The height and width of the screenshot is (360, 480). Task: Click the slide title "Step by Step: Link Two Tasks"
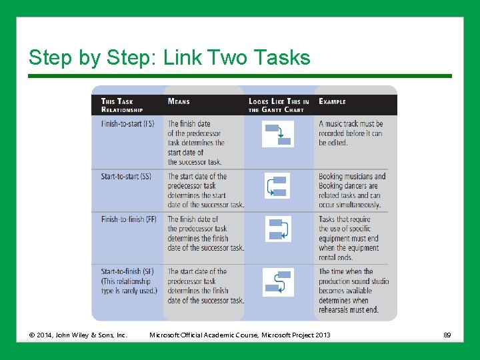click(x=169, y=58)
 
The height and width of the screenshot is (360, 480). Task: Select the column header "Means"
click(x=179, y=102)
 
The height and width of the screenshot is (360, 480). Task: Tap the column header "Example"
click(x=332, y=102)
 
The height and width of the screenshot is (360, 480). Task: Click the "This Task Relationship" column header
click(x=122, y=105)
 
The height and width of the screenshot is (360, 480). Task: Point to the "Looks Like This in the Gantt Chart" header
click(x=279, y=105)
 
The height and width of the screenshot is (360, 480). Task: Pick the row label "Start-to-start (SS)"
click(x=126, y=177)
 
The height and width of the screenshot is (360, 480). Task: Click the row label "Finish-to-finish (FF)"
click(x=129, y=219)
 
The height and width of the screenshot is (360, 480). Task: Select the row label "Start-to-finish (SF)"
click(x=127, y=271)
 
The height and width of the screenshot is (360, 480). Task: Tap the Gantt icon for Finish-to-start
click(x=278, y=134)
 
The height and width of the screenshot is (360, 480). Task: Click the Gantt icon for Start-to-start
click(x=278, y=186)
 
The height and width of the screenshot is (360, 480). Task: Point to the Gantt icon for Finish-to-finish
click(x=278, y=229)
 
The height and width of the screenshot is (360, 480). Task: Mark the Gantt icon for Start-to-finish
click(x=278, y=282)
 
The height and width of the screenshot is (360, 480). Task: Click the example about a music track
click(x=351, y=133)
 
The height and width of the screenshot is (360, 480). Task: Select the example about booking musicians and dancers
click(x=352, y=191)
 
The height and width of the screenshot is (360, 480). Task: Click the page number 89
click(x=447, y=335)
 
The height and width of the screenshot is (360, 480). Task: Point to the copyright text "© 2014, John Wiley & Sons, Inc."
click(x=77, y=335)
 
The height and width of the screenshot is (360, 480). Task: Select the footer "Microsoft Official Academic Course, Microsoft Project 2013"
click(x=239, y=335)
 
